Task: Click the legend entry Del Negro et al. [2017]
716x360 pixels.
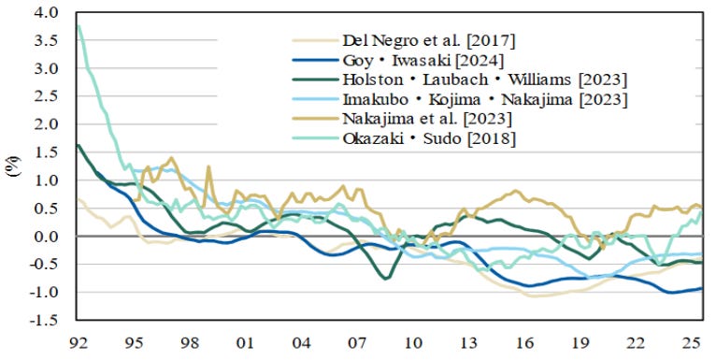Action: [x=429, y=40]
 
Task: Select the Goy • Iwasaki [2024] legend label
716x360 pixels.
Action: [x=423, y=60]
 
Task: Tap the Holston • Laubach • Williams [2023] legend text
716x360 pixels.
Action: [x=485, y=79]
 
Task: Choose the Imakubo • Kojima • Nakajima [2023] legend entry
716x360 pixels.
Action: [x=485, y=99]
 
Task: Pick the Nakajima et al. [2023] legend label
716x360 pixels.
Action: [x=427, y=119]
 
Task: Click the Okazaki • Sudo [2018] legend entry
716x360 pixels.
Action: [x=429, y=138]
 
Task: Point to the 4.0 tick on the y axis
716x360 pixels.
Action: [x=47, y=12]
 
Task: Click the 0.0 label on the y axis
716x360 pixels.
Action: [x=47, y=237]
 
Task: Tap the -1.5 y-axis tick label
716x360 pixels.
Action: [x=44, y=320]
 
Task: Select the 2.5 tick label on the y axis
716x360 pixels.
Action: [x=47, y=96]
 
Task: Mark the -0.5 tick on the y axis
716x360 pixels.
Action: [x=44, y=264]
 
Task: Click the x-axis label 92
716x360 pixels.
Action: [x=79, y=342]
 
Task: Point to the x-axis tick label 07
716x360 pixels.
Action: [x=357, y=342]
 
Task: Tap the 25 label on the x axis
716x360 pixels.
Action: [x=693, y=342]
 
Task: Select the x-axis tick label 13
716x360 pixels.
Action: [x=469, y=342]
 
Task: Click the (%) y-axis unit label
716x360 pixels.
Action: [x=14, y=166]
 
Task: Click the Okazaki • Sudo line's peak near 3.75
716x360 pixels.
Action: [x=79, y=26]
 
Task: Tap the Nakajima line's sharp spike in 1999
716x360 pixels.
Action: [x=208, y=166]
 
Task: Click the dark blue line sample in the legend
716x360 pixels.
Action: [x=315, y=60]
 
